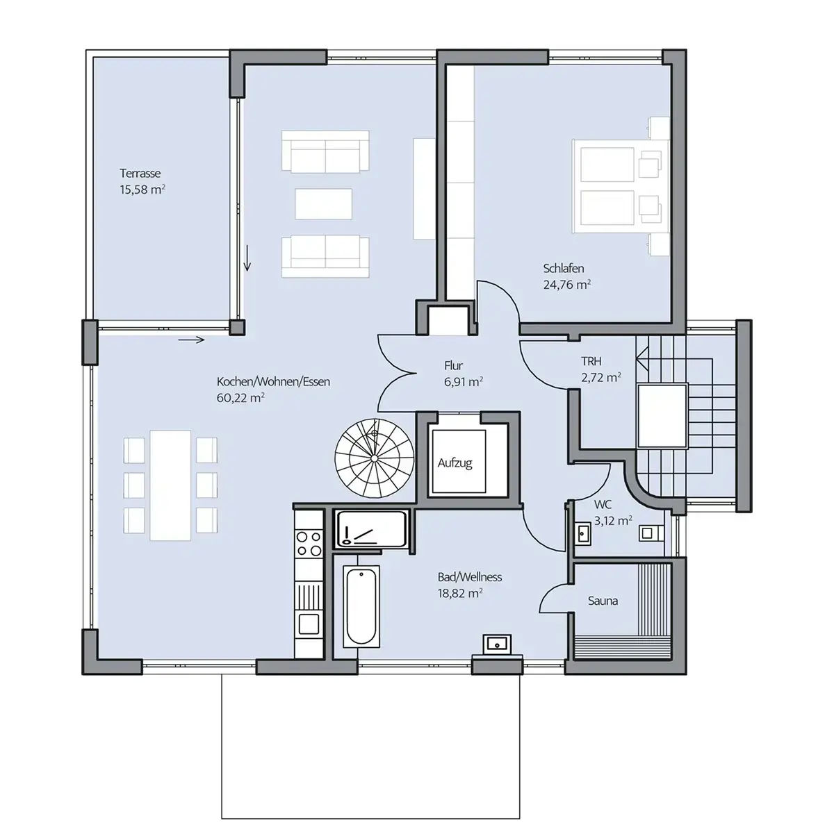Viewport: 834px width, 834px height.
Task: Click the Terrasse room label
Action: coord(140,174)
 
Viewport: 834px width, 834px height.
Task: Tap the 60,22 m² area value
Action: coord(240,398)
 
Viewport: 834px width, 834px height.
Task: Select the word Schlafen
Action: coord(563,268)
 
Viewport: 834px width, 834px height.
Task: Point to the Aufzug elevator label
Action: coord(455,463)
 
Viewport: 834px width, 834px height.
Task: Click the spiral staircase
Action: coord(375,458)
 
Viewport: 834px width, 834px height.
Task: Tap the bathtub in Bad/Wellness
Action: coord(361,606)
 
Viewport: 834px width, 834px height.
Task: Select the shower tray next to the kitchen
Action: coord(372,529)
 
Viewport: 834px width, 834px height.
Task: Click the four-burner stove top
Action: coord(309,544)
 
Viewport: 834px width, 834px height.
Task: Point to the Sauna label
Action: coord(603,601)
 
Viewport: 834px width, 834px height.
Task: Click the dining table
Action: coord(170,485)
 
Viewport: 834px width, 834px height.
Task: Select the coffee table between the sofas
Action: coord(324,204)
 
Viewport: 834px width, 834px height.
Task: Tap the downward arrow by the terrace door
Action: coord(247,258)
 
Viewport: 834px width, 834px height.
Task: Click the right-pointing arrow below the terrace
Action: coord(191,340)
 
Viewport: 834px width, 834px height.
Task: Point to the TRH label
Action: coord(591,361)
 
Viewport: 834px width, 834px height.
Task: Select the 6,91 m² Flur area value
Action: coord(463,382)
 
